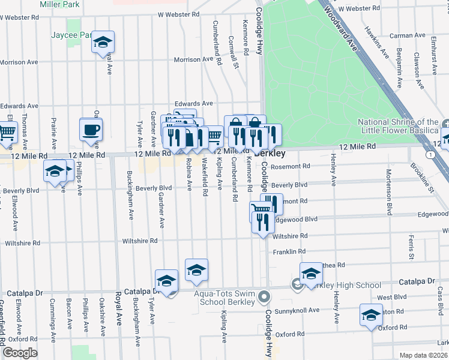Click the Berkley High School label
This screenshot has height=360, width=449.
[x=344, y=285]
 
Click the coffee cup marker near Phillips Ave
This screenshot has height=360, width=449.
[x=91, y=131]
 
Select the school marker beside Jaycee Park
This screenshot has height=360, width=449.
[x=103, y=43]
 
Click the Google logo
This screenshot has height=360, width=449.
[x=19, y=353]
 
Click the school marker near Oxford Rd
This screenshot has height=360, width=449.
[x=371, y=316]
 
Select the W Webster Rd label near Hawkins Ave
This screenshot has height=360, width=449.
[x=359, y=9]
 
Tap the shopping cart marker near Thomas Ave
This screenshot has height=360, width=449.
[x=7, y=132]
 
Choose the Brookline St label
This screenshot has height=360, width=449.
[x=423, y=178]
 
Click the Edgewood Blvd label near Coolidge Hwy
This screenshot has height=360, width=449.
[x=294, y=220]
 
